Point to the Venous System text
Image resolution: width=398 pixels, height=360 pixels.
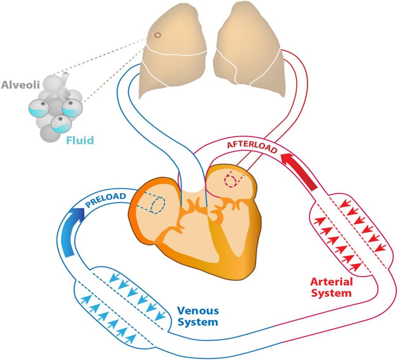click(x=198, y=316)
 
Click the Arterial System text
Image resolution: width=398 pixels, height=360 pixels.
click(x=331, y=287)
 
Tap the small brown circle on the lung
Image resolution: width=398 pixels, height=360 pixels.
click(x=157, y=35)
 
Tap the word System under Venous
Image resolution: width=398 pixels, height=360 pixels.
click(x=198, y=322)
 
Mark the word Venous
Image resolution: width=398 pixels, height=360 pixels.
click(x=198, y=310)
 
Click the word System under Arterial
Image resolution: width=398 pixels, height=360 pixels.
click(x=331, y=293)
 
